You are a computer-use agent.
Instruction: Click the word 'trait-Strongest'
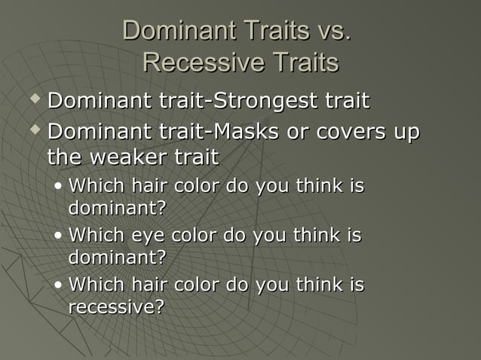pos(237,100)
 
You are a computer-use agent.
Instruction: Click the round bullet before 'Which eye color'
pos(59,236)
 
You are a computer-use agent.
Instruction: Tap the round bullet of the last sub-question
pos(59,286)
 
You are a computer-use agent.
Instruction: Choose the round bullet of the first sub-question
pos(59,186)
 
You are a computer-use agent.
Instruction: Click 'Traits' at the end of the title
pos(302,63)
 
